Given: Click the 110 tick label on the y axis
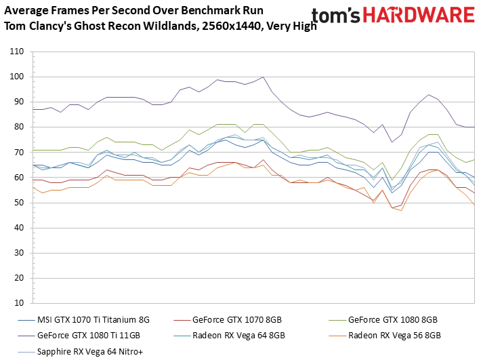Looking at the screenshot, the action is [x=16, y=52].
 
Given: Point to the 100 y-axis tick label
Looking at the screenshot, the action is [x=16, y=77].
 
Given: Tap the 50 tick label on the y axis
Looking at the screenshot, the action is [x=18, y=203].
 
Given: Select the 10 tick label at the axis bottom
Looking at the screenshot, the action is [x=18, y=303].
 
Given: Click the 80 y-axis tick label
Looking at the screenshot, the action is [x=18, y=127].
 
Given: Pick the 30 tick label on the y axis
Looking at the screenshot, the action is [x=18, y=253].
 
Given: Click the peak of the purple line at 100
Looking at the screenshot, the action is [x=263, y=77].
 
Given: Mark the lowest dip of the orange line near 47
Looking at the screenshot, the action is [x=401, y=211].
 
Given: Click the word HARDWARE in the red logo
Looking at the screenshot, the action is [x=419, y=15].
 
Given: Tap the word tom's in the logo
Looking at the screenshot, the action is [x=335, y=16].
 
